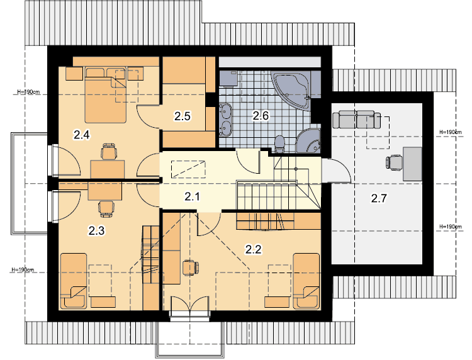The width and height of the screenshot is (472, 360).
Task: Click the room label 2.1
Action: pos(192,197)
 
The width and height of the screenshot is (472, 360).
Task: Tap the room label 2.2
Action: pos(253,249)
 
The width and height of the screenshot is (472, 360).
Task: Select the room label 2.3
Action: pos(96,230)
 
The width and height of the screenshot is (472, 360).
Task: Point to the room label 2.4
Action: pos(82,135)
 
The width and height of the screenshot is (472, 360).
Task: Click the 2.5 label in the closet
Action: pos(183,116)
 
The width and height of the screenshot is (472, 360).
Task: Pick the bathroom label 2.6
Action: pos(261,115)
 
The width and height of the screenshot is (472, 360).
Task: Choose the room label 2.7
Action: pos(379,198)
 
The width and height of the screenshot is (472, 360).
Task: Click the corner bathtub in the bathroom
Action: pos(291,90)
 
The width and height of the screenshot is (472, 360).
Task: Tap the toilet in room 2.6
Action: pos(279,144)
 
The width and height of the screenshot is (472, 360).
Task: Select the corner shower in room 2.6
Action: pos(309,141)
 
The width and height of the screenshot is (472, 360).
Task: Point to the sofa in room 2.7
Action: pos(356,119)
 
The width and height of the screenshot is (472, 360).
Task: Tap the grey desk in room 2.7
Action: pos(412,164)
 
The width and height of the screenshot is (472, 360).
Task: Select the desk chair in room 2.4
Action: pos(109,152)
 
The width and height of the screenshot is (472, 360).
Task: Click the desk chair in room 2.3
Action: pos(106,208)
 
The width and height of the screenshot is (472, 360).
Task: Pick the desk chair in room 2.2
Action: pos(191,267)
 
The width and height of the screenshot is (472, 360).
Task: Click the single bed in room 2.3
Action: pos(74,281)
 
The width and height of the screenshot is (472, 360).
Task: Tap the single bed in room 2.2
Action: pos(306,281)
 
